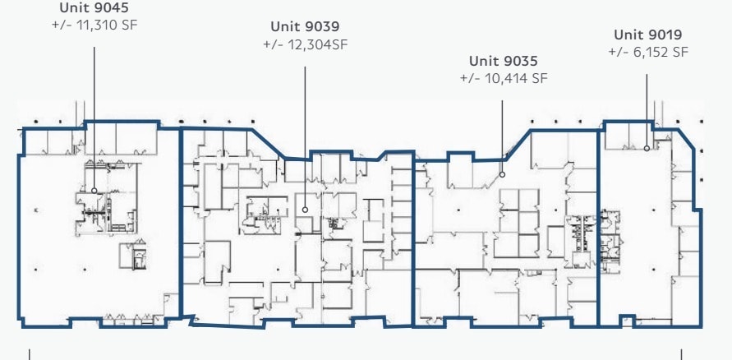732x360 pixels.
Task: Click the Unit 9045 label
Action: tap(94, 8)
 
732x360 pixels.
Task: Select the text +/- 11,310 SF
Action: tap(94, 25)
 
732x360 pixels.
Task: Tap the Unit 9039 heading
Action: tap(305, 27)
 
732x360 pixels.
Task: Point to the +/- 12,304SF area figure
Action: tap(305, 44)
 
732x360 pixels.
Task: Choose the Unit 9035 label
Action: tap(503, 61)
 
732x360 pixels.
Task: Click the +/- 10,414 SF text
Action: tap(503, 78)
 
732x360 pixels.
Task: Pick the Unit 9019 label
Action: tap(647, 35)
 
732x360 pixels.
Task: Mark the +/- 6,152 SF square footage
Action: tap(647, 52)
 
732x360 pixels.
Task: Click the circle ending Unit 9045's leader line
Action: tap(94, 191)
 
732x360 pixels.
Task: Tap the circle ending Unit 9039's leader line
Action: tap(306, 210)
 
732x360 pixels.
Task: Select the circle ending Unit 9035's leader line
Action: tap(503, 173)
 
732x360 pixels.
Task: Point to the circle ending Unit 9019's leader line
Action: tap(647, 149)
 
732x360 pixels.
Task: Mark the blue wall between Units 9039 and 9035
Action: tap(412, 238)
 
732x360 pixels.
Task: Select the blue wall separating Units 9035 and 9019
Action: tap(598, 230)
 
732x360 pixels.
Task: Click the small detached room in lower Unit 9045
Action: tap(132, 256)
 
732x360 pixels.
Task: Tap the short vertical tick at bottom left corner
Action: tap(30, 355)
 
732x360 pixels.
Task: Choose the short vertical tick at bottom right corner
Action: tap(681, 355)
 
